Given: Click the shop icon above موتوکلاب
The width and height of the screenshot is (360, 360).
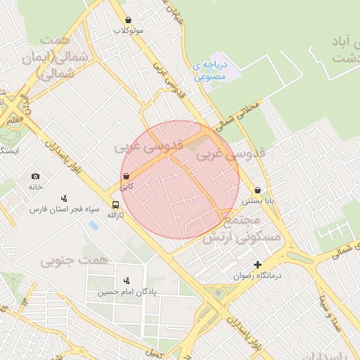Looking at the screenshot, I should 127,20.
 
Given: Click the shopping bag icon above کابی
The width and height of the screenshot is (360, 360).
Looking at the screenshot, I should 126,176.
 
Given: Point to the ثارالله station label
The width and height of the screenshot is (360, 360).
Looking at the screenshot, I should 114,215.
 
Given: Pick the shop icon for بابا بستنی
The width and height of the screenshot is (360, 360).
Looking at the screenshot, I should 258,190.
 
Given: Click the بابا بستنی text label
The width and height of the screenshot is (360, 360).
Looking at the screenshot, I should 258,200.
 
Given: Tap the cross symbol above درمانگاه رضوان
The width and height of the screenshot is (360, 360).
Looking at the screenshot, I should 258,265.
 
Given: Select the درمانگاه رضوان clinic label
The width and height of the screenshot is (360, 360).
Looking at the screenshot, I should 258,276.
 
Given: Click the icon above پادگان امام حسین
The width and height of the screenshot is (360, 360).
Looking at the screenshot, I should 127,281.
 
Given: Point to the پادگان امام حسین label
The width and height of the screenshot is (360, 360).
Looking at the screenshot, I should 127,291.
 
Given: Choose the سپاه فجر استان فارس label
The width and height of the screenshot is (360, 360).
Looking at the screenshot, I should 65,209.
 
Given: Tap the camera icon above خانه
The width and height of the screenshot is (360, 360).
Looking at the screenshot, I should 36,176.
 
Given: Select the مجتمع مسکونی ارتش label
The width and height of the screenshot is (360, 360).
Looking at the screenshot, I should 241,230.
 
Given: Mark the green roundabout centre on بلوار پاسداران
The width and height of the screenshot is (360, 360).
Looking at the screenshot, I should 219,294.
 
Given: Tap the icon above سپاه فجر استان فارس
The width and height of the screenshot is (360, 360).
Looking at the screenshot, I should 65,198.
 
